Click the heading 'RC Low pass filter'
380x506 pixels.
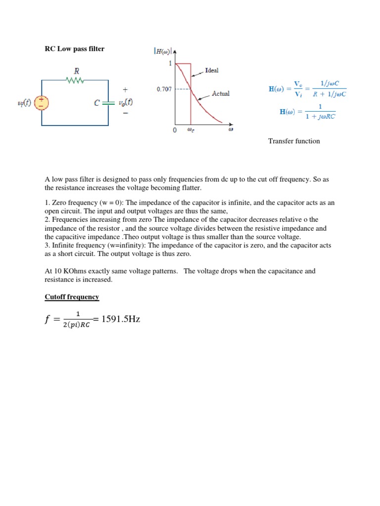(75, 49)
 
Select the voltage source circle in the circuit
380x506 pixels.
(42, 103)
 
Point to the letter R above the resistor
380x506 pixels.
(77, 71)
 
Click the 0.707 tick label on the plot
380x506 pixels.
(164, 89)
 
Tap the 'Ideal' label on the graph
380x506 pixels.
(212, 70)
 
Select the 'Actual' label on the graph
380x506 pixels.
(221, 93)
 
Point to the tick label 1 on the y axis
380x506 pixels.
(170, 63)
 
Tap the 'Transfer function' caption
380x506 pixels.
(294, 141)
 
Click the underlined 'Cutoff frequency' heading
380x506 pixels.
(72, 297)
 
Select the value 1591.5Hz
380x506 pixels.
(121, 319)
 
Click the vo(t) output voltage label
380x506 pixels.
(125, 102)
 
